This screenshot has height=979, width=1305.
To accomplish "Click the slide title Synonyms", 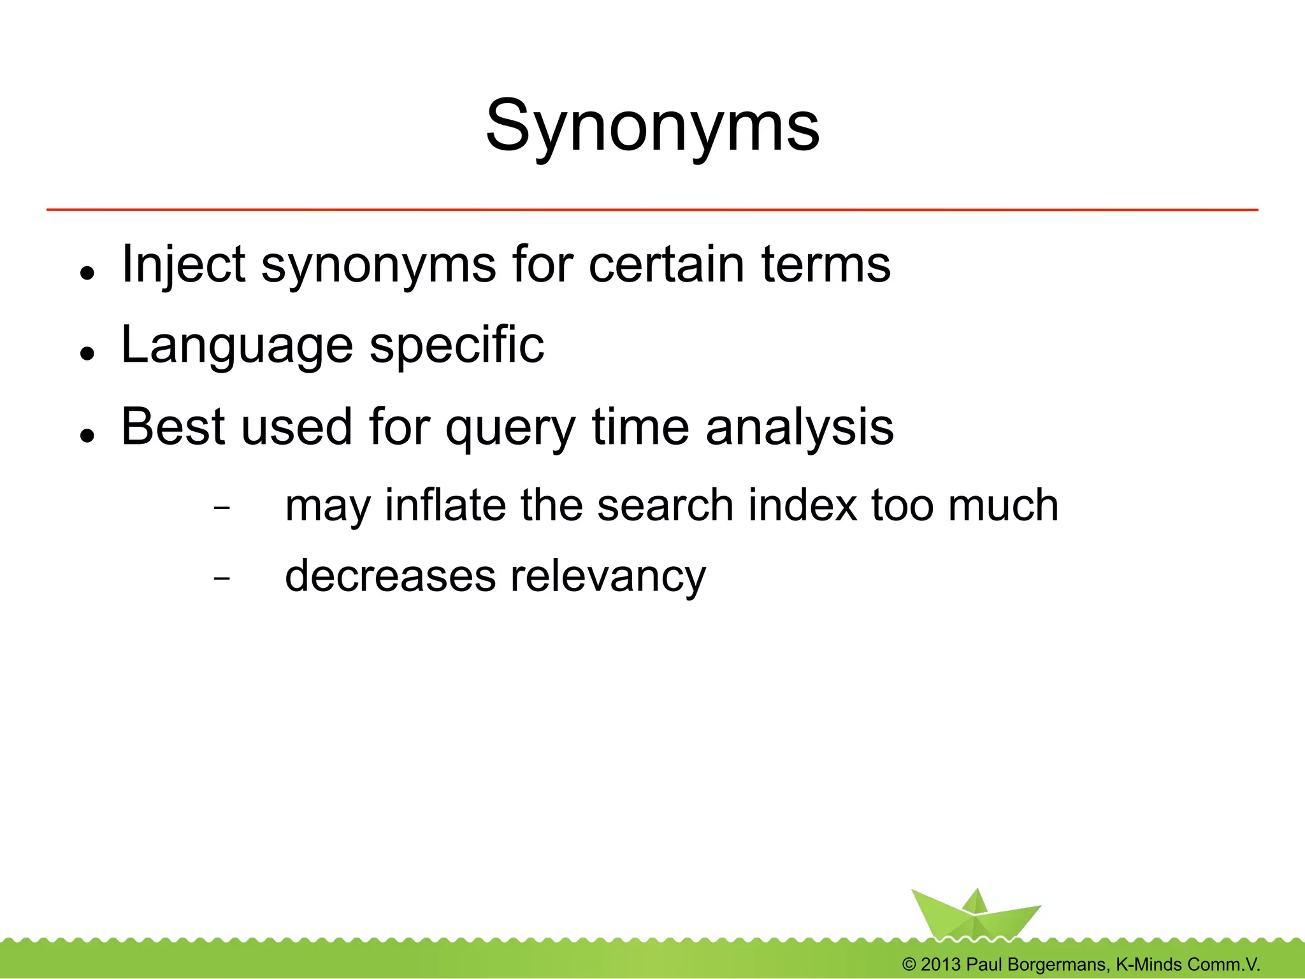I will point(652,126).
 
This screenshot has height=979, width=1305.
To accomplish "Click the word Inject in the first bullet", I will point(183,264).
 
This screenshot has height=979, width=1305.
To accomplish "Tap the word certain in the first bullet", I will point(666,264).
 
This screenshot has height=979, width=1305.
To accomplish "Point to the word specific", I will point(457,346).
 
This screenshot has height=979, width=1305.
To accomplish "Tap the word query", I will point(510,429).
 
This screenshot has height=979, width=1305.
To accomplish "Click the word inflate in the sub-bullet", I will point(445,505).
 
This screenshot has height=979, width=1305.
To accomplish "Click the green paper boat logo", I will point(974,915).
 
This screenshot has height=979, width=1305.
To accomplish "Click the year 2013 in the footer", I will point(941,964).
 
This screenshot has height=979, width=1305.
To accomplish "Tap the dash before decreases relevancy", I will point(221,578).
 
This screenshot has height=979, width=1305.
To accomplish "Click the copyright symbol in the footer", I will point(909,964).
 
